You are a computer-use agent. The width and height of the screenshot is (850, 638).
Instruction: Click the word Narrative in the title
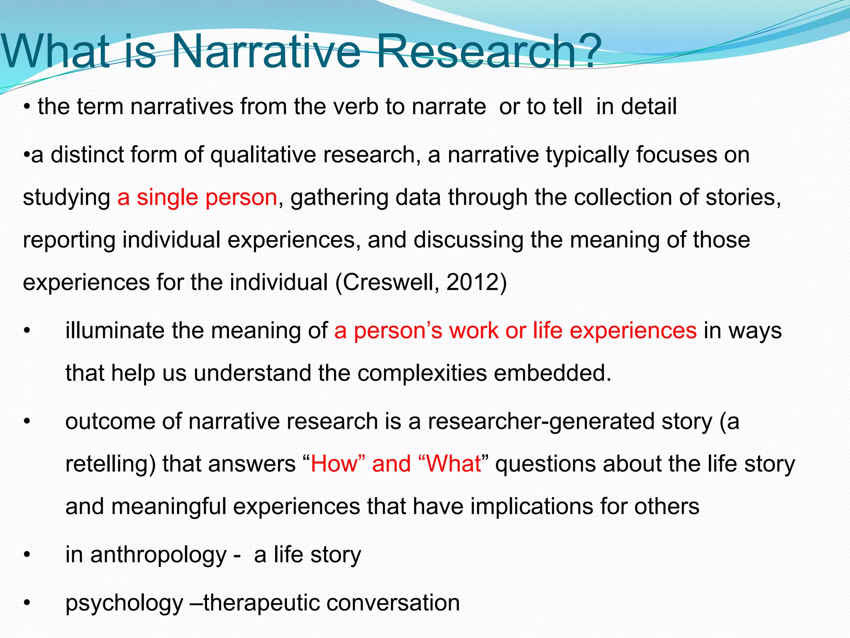click(x=266, y=52)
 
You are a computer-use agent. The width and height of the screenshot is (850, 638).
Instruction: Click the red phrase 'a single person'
click(x=197, y=197)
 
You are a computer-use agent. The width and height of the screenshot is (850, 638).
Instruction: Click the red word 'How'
click(x=334, y=464)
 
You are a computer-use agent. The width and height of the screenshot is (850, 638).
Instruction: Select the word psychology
click(x=124, y=603)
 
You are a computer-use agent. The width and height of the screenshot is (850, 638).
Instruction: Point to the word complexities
click(x=422, y=373)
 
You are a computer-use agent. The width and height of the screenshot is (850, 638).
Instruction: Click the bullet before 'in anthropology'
click(x=27, y=555)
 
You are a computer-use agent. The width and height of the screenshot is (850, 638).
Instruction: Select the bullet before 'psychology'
click(x=27, y=603)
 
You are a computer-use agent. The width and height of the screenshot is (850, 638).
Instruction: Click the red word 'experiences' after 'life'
click(x=633, y=331)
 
